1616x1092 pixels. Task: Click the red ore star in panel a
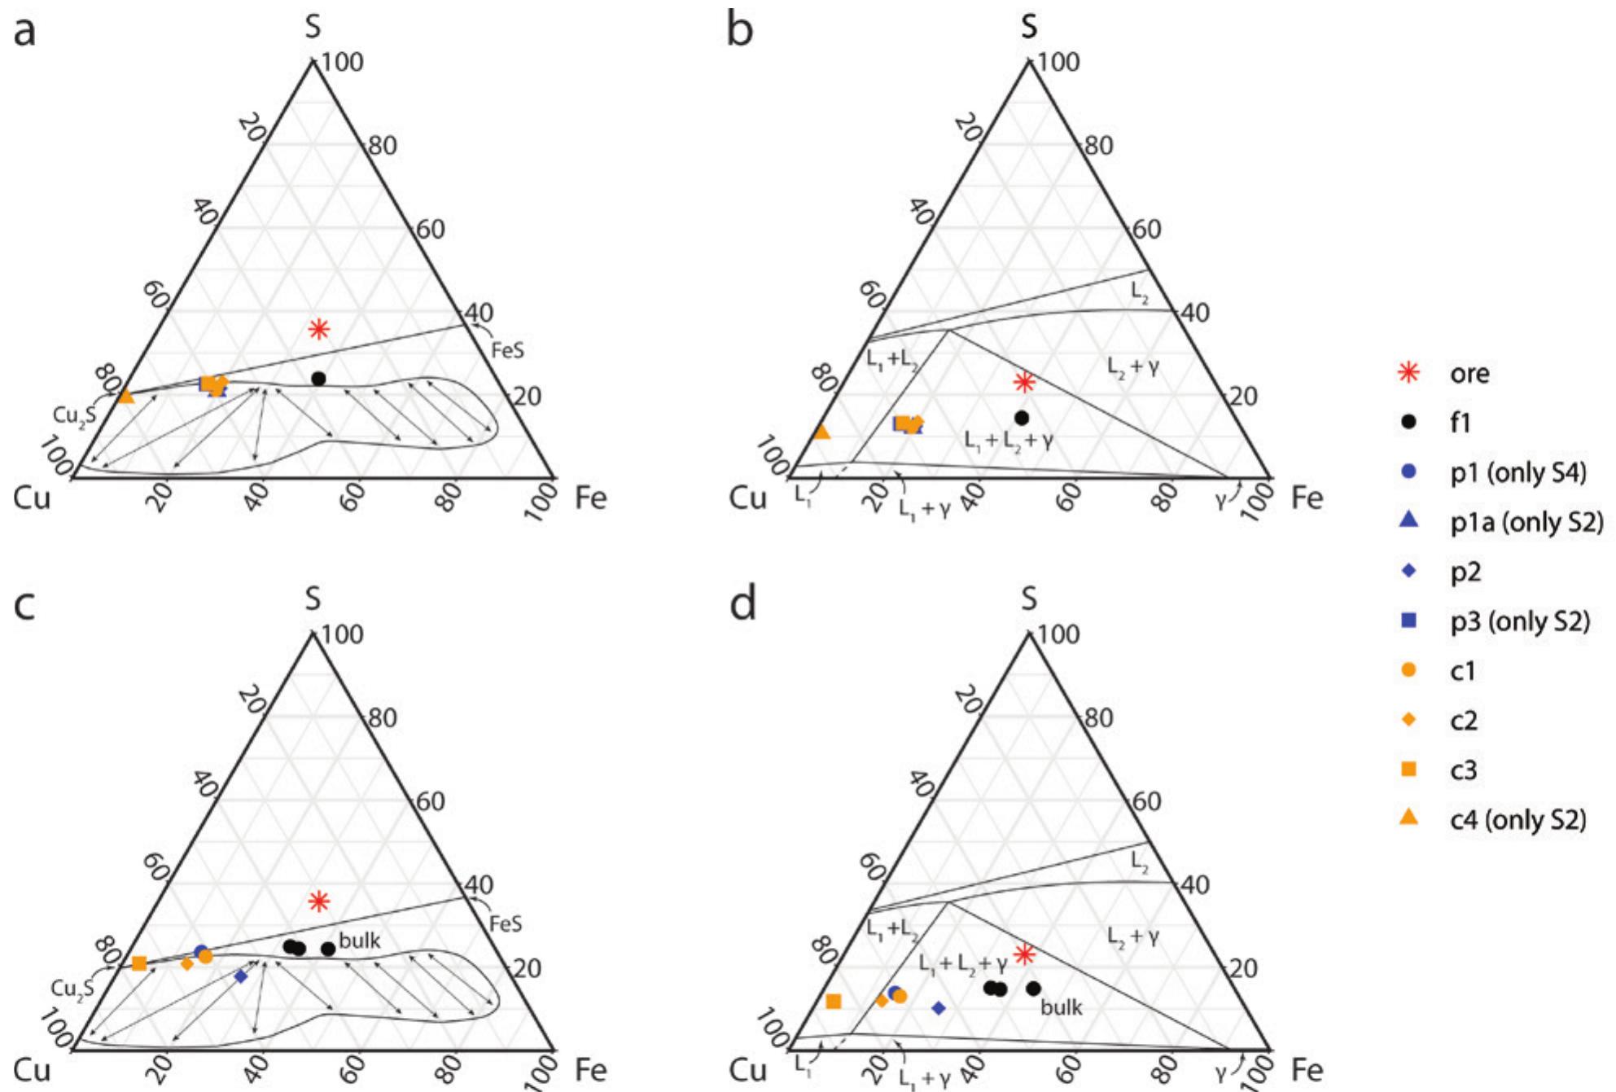[x=318, y=329]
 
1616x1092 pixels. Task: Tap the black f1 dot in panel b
[x=1022, y=418]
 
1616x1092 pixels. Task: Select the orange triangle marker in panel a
[x=125, y=396]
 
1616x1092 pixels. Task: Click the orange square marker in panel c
[x=139, y=963]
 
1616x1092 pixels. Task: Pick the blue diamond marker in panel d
[x=938, y=1008]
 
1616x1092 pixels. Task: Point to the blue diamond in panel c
[x=240, y=976]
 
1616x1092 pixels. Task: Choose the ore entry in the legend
[x=1469, y=374]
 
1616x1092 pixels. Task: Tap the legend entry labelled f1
[x=1461, y=423]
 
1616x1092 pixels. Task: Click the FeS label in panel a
[x=507, y=351]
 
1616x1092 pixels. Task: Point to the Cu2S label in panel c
[x=73, y=989]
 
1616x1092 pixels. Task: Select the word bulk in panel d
[x=1062, y=1007]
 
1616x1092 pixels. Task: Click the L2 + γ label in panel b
[x=1132, y=367]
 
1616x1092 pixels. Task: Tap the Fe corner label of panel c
[x=590, y=1069]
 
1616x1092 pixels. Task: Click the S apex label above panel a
[x=313, y=26]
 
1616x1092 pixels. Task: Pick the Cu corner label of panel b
[x=748, y=498]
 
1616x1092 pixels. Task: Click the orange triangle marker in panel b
[x=822, y=432]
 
